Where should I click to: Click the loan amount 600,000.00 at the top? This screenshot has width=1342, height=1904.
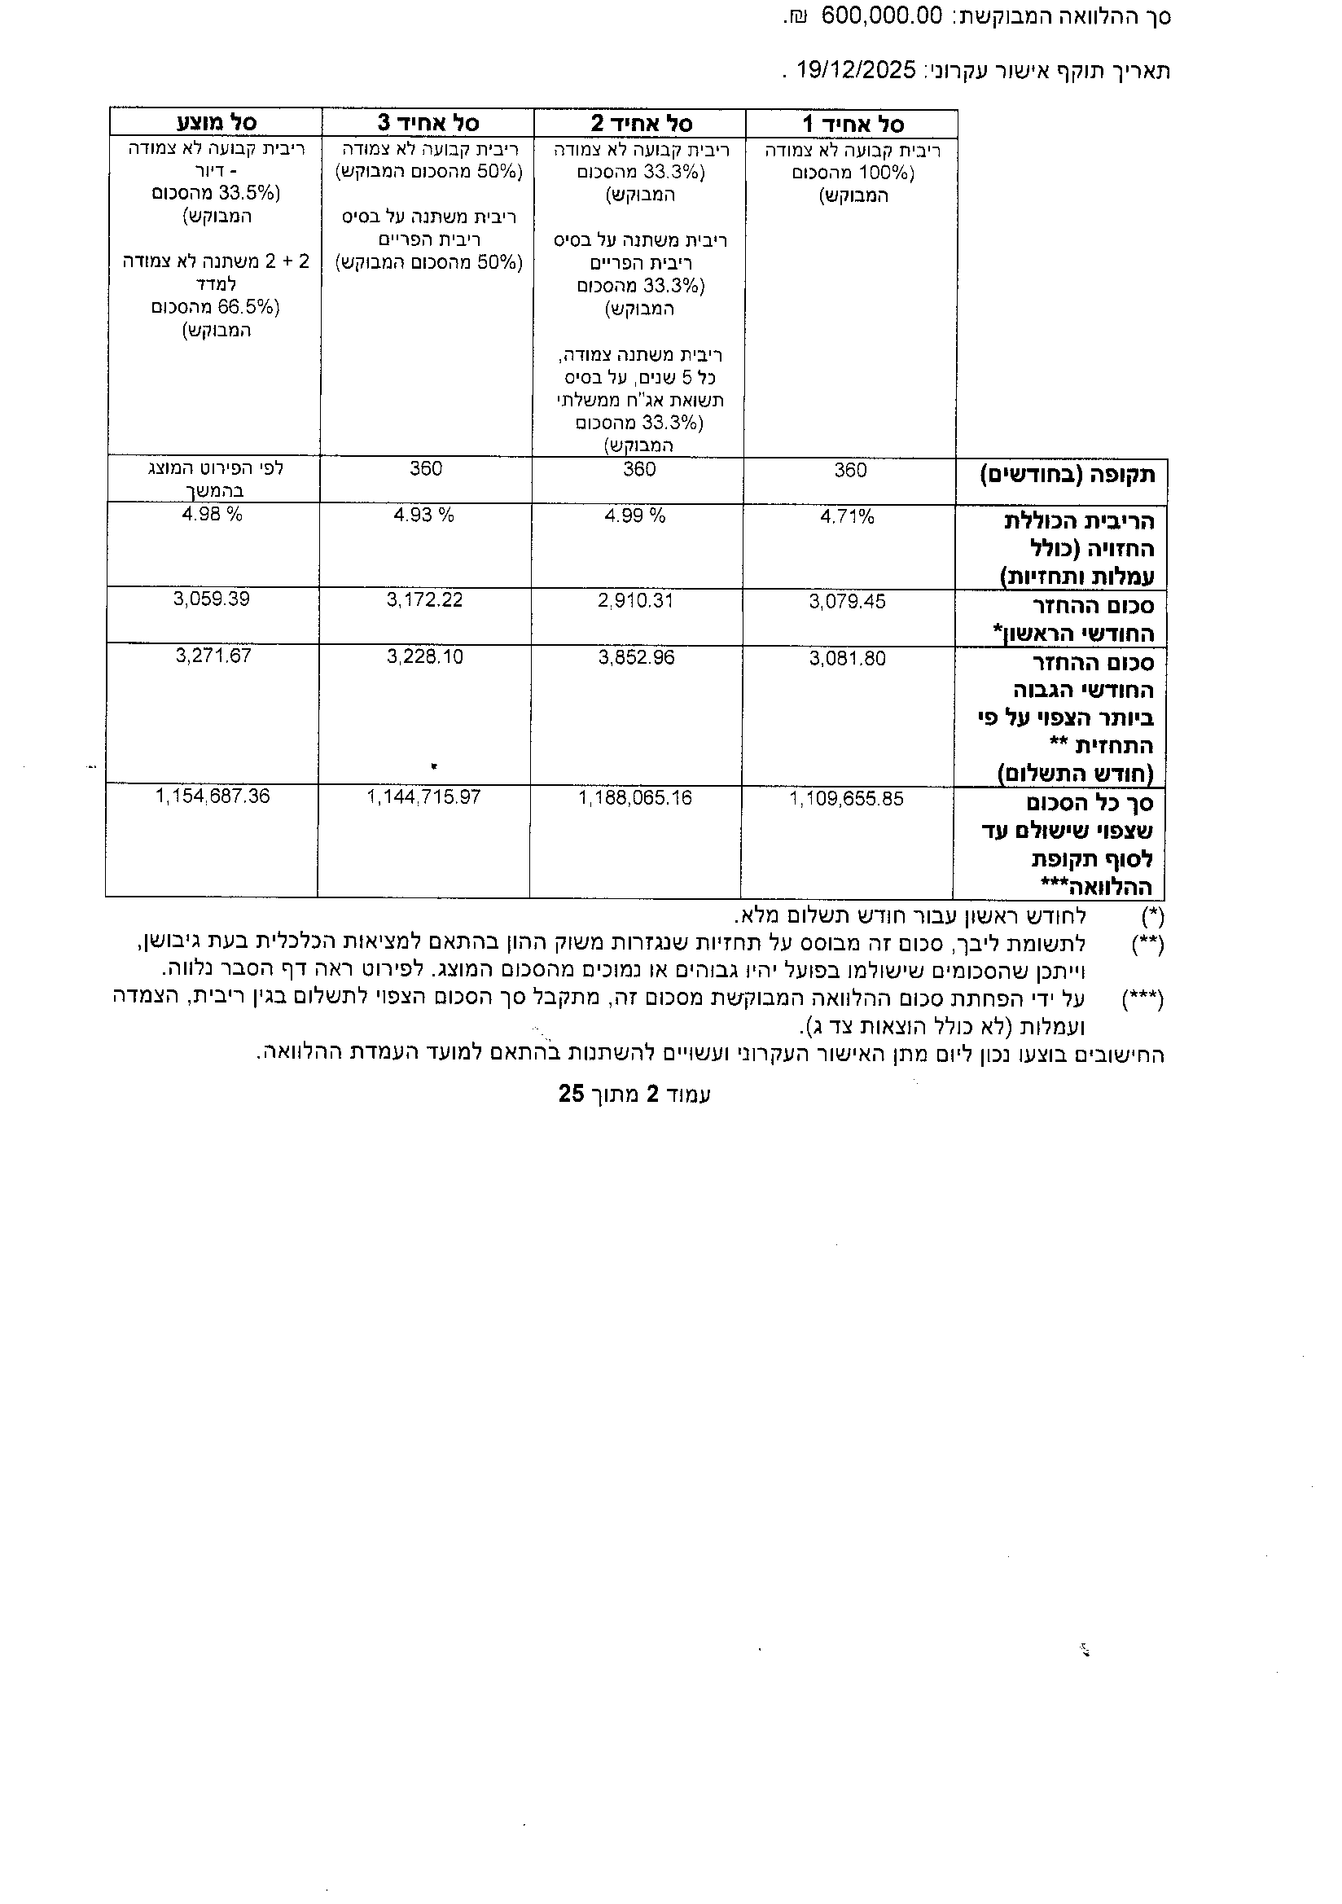tap(883, 16)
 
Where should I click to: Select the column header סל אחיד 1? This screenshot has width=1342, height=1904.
tap(853, 125)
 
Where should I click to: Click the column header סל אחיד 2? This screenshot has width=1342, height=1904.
tap(641, 124)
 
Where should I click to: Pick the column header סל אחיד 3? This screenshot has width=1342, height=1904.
tap(428, 123)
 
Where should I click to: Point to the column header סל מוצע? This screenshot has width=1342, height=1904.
tap(217, 123)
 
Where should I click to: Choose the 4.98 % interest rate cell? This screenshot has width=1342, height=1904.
tap(213, 514)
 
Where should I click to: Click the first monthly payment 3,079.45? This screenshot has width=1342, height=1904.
tap(847, 601)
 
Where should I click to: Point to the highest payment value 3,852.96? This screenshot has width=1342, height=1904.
tap(636, 658)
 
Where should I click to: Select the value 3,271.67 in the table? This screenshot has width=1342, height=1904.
tap(213, 656)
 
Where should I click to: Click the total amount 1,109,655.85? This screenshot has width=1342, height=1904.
tap(846, 800)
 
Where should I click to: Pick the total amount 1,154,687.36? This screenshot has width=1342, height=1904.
tap(213, 796)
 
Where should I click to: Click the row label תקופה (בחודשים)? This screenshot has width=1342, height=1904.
tap(1068, 476)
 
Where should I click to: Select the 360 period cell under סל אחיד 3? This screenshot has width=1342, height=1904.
tap(426, 468)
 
